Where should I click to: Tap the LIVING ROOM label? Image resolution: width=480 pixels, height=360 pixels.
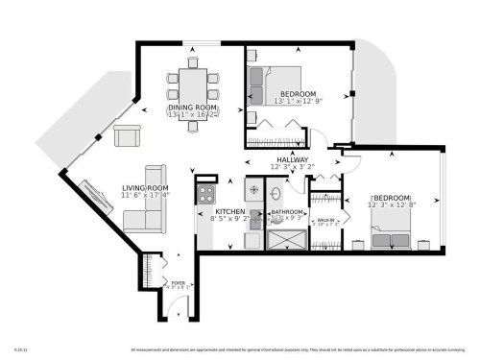point(145,187)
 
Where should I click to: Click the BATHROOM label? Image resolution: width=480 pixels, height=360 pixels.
point(287,211)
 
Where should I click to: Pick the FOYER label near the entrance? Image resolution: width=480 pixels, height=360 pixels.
point(178,283)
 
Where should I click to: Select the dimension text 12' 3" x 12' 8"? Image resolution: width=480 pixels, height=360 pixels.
point(393,204)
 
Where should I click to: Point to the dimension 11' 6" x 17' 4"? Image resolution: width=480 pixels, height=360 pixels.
point(145,195)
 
